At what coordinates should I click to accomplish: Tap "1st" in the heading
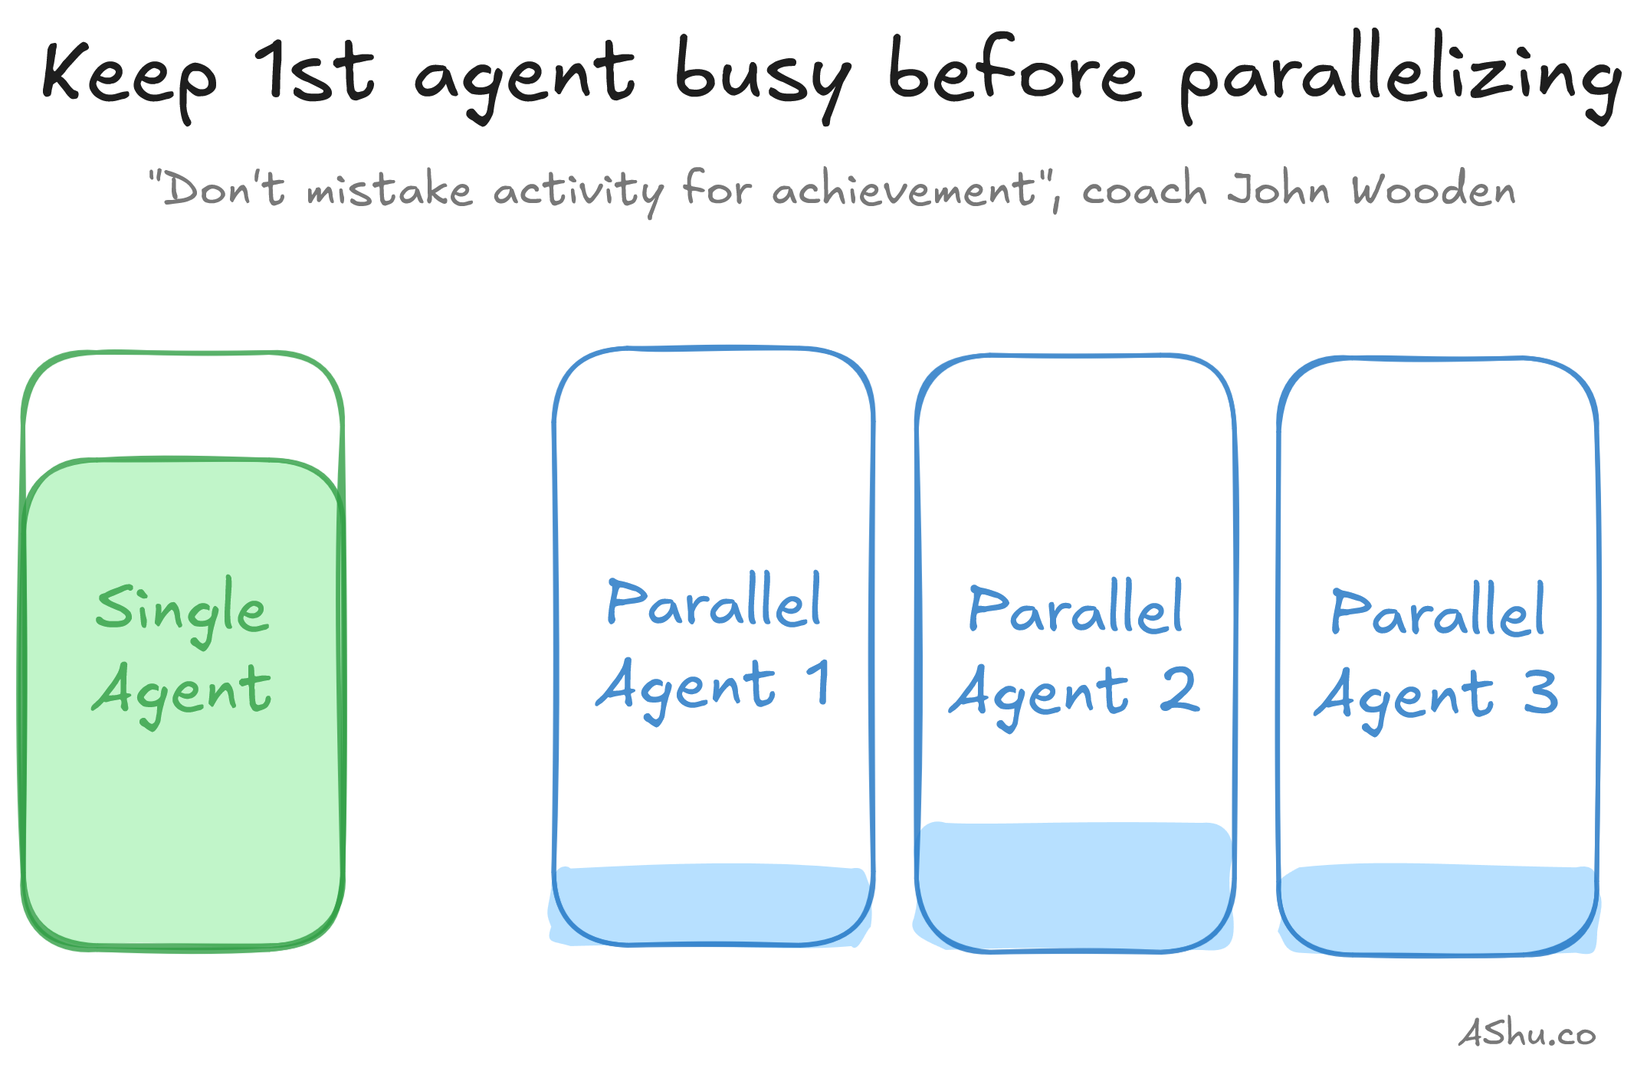(x=314, y=70)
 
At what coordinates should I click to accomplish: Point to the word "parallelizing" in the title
(x=1400, y=77)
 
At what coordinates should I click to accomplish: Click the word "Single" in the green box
(x=182, y=611)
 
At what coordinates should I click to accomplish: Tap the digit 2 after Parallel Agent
(x=1179, y=689)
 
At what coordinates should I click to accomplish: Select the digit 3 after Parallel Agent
(x=1540, y=692)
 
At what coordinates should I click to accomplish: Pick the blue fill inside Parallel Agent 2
(x=1074, y=886)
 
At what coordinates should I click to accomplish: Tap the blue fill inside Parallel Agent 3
(x=1439, y=909)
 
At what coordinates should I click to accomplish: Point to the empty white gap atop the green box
(x=182, y=406)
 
